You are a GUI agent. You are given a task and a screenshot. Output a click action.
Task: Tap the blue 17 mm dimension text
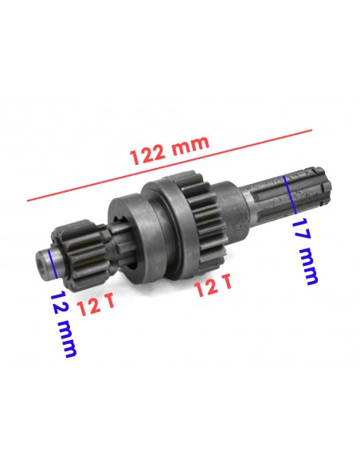304,252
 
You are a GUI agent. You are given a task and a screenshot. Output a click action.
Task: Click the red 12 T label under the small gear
96,305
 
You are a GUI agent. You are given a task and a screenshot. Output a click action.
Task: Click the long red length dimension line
170,166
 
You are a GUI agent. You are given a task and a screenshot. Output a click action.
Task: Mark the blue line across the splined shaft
290,194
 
